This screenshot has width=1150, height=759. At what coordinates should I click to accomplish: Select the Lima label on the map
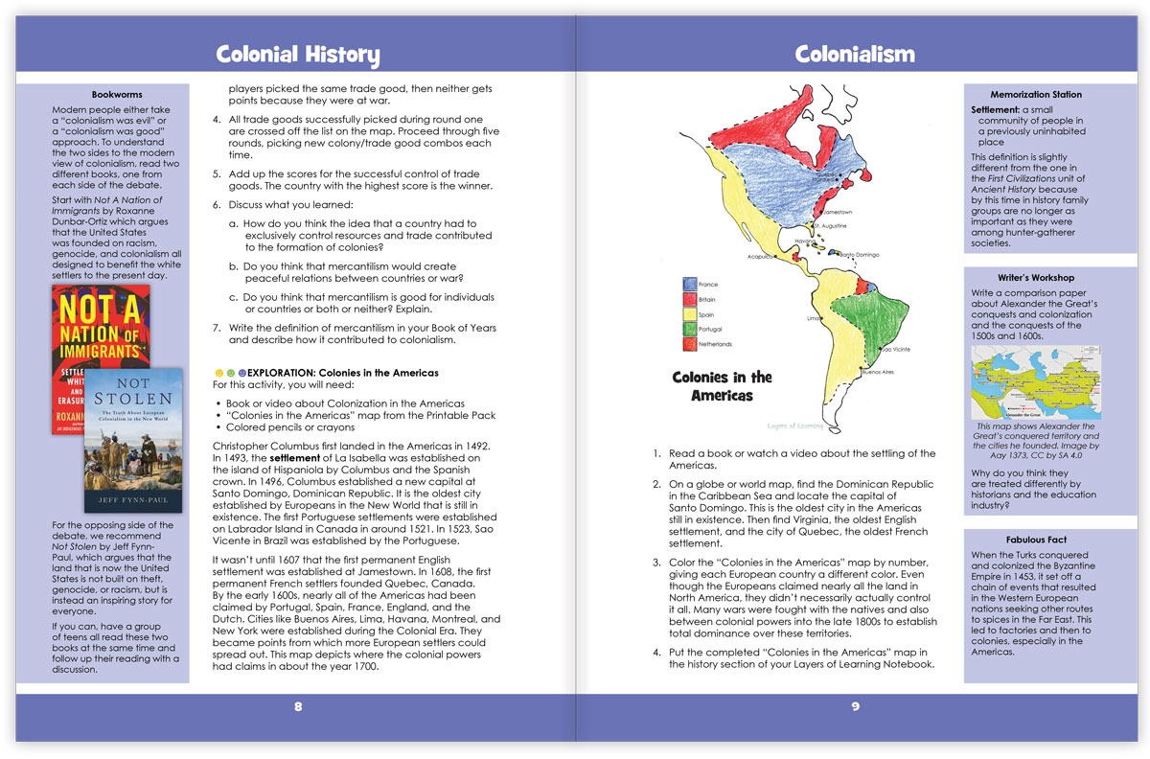click(x=816, y=317)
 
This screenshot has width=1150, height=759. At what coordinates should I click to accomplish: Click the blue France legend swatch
click(x=689, y=284)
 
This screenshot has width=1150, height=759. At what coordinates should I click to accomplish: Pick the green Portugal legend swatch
click(x=689, y=329)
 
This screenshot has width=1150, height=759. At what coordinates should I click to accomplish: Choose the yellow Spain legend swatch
click(x=689, y=313)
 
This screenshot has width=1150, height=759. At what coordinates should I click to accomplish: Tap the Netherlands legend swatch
click(x=689, y=343)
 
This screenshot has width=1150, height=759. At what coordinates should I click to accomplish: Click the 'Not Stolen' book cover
click(x=131, y=440)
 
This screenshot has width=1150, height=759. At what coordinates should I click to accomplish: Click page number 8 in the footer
click(x=298, y=707)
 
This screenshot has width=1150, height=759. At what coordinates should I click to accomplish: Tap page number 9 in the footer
click(x=855, y=707)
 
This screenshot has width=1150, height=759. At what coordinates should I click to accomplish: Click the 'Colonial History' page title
click(x=297, y=55)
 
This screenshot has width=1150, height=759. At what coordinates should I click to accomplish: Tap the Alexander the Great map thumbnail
click(x=1035, y=383)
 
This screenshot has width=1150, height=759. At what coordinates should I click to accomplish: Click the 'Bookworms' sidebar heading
click(x=117, y=95)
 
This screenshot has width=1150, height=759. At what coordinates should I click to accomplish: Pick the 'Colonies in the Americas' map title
click(x=722, y=385)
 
